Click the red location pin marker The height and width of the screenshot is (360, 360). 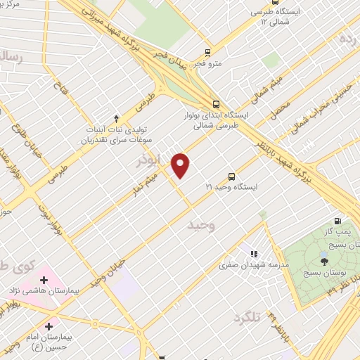[181, 165]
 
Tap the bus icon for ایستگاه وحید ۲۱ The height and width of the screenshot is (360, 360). [232, 176]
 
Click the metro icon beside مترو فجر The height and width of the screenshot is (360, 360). [207, 52]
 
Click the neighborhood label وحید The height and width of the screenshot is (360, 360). [200, 226]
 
